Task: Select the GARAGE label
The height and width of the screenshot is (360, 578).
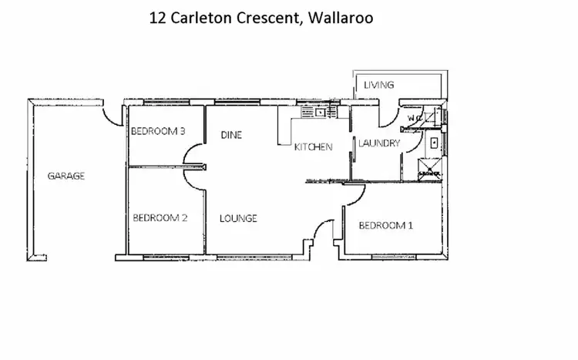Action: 66,176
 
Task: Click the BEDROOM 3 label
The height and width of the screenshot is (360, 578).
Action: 159,131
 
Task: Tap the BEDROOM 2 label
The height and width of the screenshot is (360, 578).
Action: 160,218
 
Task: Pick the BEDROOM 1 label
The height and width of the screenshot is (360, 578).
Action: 386,225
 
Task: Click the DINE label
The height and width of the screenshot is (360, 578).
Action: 231,135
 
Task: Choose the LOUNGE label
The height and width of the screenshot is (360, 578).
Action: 238,218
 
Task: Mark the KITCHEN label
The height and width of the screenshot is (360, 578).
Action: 313,146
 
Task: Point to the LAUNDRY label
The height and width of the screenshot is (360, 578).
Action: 379,143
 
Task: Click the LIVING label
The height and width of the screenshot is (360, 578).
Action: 379,85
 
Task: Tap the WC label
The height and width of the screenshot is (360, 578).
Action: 415,119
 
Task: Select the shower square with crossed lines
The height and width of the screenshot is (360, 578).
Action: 428,169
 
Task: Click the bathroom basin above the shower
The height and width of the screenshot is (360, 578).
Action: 434,143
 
